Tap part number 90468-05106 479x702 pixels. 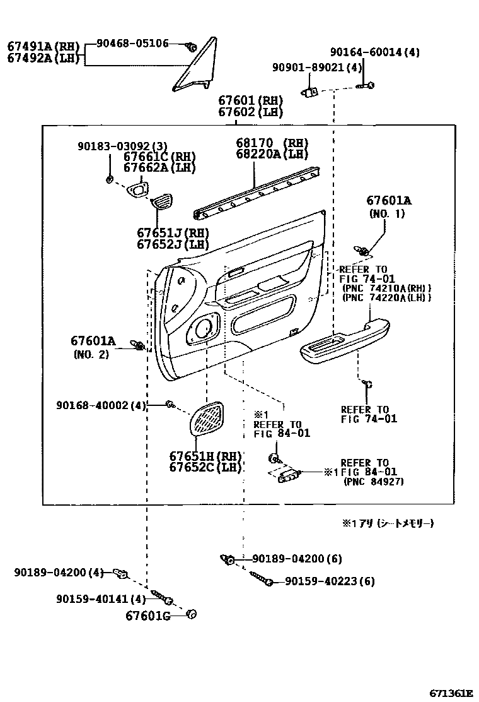(x=132, y=44)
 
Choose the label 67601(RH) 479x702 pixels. (x=250, y=100)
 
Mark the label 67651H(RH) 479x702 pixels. (x=205, y=456)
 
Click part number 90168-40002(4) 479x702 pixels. (x=101, y=405)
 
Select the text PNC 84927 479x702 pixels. (x=374, y=482)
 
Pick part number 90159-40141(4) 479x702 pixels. (x=101, y=598)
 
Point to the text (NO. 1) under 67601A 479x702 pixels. (x=386, y=214)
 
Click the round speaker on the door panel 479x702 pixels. (x=204, y=328)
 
